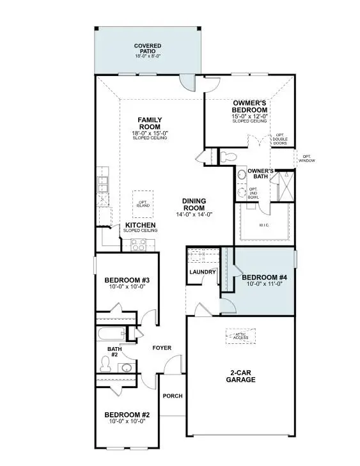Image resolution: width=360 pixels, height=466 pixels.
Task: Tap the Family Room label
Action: (x=150, y=123)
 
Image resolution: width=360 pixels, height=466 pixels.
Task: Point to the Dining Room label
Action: (x=192, y=204)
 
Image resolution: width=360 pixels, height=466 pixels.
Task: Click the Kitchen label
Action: (x=141, y=226)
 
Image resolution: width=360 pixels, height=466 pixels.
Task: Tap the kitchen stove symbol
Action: (x=139, y=244)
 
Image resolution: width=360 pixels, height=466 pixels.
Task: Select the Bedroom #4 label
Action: (x=264, y=277)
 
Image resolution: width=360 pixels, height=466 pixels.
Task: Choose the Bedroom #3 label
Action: (x=126, y=280)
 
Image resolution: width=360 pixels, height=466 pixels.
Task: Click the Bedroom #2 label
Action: (x=126, y=414)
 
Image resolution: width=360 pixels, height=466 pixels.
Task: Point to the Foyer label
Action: (x=161, y=348)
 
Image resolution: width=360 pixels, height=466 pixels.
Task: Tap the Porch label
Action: (x=172, y=396)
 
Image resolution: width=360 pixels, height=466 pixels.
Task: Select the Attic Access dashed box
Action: (x=240, y=336)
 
